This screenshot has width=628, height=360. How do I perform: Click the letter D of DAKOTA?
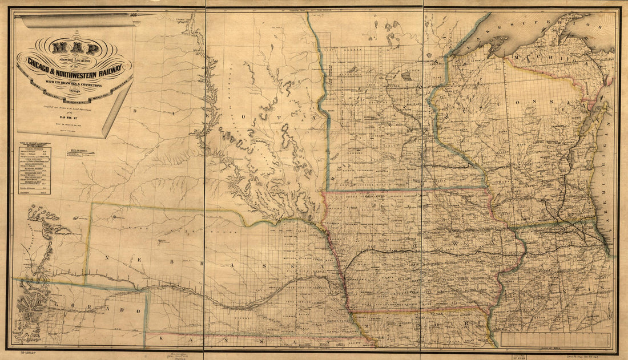click(x=135, y=112)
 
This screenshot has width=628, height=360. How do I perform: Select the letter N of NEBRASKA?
click(x=107, y=257)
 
